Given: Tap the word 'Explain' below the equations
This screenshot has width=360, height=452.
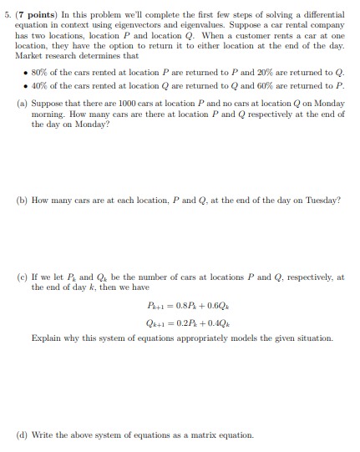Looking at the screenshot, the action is click(x=47, y=339).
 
